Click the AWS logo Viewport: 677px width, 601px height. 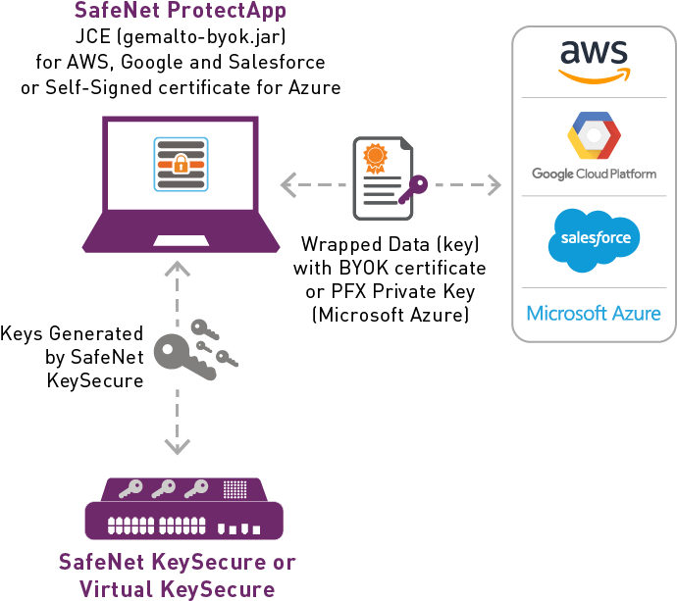tap(594, 60)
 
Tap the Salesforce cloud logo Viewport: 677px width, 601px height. tap(594, 238)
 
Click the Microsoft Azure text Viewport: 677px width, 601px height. tap(594, 314)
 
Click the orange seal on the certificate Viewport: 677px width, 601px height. tap(374, 157)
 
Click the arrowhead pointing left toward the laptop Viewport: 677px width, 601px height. tap(287, 184)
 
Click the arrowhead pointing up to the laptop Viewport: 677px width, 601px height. tap(177, 269)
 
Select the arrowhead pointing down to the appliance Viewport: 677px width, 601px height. tap(177, 447)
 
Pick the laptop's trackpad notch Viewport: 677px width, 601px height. tap(180, 240)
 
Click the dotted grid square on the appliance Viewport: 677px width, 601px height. tap(234, 488)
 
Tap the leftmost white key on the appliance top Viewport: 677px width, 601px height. tap(130, 487)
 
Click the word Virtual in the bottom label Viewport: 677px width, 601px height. tap(117, 588)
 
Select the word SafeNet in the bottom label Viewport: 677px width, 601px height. tap(100, 563)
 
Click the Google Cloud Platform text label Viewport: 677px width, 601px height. tap(594, 175)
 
